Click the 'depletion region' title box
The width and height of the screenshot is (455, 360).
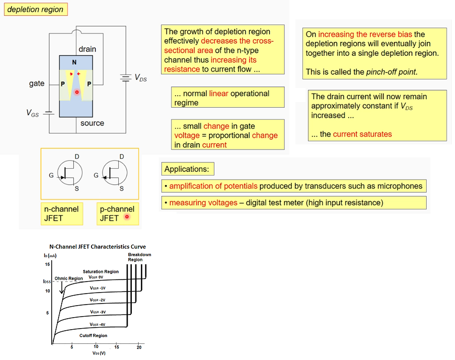click(35, 9)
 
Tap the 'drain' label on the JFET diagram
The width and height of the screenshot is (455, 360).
click(87, 49)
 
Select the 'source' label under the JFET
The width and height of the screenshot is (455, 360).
click(92, 123)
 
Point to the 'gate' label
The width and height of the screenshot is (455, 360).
click(37, 84)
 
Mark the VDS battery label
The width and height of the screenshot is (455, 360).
click(141, 78)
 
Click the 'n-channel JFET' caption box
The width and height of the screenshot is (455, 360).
click(61, 213)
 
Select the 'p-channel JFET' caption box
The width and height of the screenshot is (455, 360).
click(117, 213)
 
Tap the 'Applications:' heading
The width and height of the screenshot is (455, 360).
click(187, 169)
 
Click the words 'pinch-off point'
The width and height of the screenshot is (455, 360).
click(392, 72)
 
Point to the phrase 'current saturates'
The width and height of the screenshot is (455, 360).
click(362, 134)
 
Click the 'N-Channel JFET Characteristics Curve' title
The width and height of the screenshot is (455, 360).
click(97, 247)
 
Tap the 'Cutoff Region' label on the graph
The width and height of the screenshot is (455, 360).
click(93, 335)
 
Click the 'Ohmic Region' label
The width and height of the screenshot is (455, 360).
click(69, 278)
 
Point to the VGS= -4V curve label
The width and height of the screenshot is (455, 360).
click(98, 324)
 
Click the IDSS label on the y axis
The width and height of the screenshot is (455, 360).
click(47, 282)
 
